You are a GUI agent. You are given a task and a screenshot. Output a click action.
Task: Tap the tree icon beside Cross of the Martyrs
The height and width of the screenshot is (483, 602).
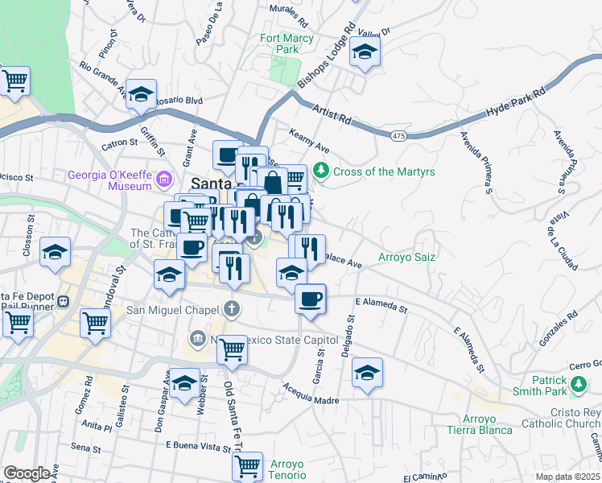point(321,171)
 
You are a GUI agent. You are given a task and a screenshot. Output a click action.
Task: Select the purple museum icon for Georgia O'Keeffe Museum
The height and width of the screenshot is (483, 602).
point(164,178)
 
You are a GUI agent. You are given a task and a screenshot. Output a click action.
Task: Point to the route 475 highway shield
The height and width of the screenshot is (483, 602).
point(398,137)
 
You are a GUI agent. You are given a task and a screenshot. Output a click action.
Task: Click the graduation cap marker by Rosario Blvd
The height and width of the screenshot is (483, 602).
point(141,94)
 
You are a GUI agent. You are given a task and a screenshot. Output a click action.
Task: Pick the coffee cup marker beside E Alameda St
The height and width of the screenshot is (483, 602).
point(310,299)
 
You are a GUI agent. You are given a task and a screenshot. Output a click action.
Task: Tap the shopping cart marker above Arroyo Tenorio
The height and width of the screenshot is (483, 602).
point(247,466)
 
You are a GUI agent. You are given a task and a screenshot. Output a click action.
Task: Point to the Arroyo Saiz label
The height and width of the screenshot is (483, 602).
point(407,258)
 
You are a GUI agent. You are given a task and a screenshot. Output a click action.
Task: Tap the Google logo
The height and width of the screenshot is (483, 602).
point(27,473)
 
